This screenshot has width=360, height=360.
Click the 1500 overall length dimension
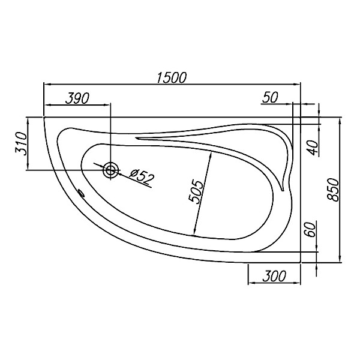point(172,77)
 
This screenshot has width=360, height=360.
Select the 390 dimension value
point(77,98)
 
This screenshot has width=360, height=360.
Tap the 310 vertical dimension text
point(22,144)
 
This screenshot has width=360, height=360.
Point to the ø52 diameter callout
point(142,176)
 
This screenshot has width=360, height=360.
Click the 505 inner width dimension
point(196,191)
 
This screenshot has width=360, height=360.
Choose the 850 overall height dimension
point(333,190)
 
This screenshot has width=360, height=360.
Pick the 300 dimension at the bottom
point(274,276)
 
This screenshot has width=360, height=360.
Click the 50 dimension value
point(270,97)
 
